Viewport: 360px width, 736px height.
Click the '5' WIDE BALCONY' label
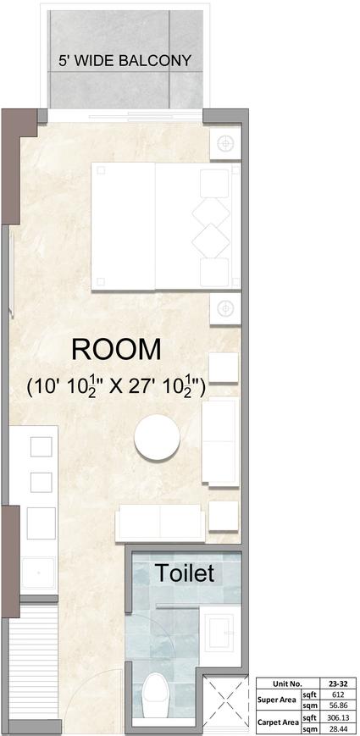125,61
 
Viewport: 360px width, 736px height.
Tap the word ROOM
116,350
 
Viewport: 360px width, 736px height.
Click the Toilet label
185,573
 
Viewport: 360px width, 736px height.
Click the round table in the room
157,438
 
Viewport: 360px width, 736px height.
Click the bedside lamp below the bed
224,308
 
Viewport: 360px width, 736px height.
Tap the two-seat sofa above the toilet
160,522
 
